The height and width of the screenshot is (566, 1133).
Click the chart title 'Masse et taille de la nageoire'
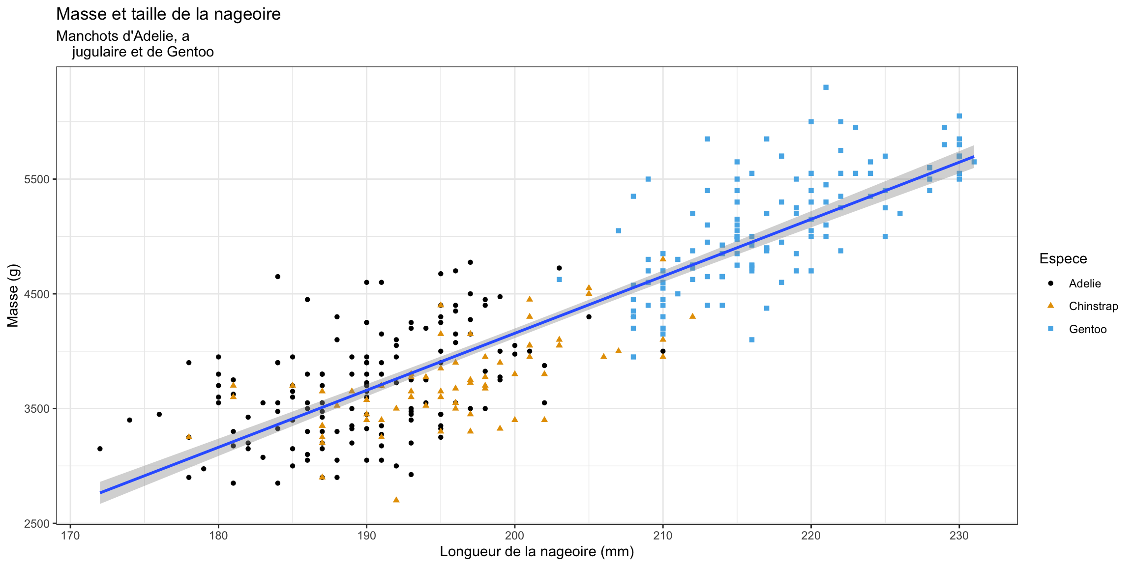click(x=168, y=14)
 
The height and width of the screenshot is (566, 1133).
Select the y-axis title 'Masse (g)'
click(x=13, y=295)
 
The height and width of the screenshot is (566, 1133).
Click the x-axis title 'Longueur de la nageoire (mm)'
click(x=537, y=552)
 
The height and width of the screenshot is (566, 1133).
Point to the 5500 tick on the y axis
click(x=37, y=179)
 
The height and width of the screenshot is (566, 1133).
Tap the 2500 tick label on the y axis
click(x=37, y=524)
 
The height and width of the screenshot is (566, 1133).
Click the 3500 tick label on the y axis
click(x=37, y=409)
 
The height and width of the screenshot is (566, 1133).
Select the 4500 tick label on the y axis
click(x=37, y=294)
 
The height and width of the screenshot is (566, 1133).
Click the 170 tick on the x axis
click(x=70, y=536)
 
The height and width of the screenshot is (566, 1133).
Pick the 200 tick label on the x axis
click(x=515, y=536)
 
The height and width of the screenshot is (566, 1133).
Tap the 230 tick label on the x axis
click(x=959, y=536)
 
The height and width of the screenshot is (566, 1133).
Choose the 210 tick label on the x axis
click(x=663, y=536)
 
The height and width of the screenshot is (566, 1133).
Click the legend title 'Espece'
click(x=1063, y=259)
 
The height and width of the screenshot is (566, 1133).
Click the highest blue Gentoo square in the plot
click(x=826, y=87)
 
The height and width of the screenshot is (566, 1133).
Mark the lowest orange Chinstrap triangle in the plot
click(x=396, y=500)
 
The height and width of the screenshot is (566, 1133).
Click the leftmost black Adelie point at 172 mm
click(x=100, y=449)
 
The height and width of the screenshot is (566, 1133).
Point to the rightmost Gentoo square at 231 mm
click(x=974, y=162)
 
